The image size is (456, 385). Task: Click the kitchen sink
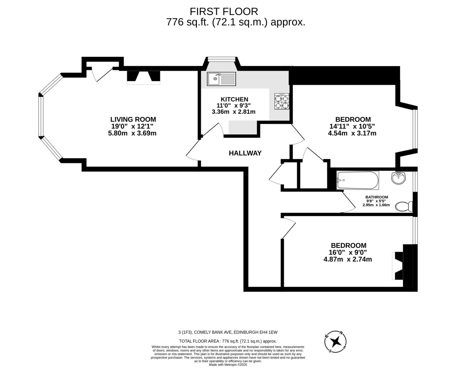coord(222,79)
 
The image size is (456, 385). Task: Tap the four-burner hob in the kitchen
coord(282,101)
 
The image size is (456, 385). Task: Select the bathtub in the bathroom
coord(358,180)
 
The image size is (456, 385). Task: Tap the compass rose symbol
coord(336,342)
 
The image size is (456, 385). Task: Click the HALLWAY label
coord(245,153)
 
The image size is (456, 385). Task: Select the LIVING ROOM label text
coord(133,119)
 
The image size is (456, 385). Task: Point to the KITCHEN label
coord(234,99)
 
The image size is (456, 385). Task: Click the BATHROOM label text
coord(377,197)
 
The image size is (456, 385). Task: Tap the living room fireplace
coord(143,77)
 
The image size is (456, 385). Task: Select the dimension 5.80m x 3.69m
coord(132,133)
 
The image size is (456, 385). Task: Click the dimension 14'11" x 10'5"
coord(352,126)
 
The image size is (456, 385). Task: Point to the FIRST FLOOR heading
coord(224,11)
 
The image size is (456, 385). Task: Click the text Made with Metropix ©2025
coord(228,364)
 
